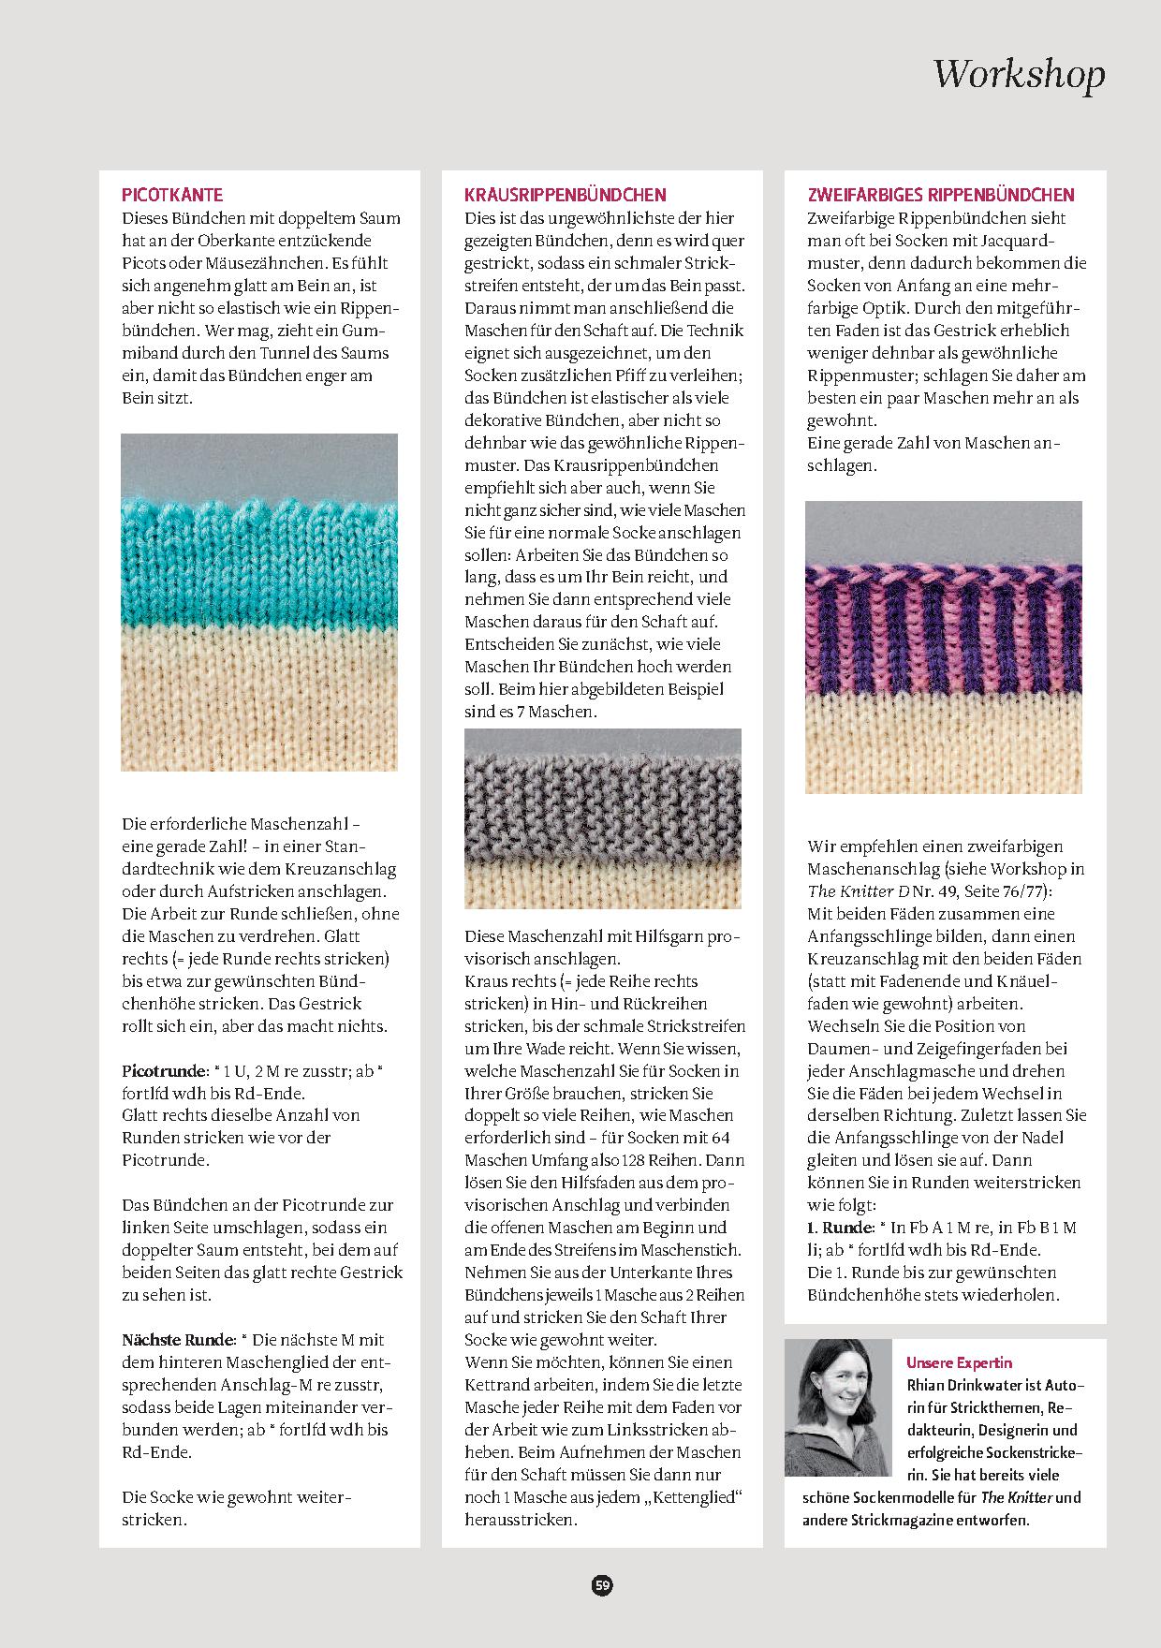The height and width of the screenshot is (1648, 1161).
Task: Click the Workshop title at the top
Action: tap(1019, 73)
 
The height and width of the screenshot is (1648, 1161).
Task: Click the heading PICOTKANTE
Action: tap(172, 195)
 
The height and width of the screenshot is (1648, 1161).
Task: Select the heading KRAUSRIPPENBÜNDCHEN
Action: tap(566, 195)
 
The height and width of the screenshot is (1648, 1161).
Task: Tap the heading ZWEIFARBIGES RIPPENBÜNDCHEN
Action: tap(941, 195)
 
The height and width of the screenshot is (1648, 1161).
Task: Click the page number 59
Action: tap(602, 1584)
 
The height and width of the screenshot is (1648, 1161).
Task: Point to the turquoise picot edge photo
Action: tap(259, 601)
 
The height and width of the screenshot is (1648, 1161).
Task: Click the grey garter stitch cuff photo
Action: tap(602, 817)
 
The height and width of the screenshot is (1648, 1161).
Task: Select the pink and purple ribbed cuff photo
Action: tap(943, 646)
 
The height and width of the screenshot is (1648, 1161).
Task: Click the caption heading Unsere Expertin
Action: tap(959, 1362)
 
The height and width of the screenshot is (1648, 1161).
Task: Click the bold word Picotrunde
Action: tap(164, 1070)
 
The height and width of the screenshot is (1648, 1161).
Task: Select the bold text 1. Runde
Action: tap(840, 1228)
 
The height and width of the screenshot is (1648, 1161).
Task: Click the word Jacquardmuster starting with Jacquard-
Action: tap(1030, 241)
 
